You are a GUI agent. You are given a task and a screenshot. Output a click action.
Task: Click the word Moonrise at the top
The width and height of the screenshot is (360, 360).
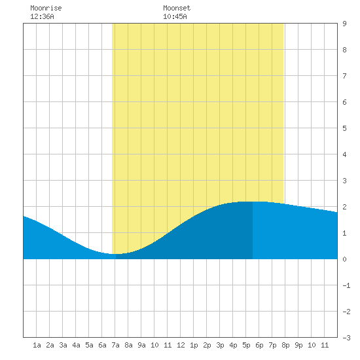pyautogui.click(x=46, y=8)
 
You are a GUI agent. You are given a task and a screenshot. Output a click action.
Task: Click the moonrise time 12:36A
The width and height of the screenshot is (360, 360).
pyautogui.click(x=42, y=16)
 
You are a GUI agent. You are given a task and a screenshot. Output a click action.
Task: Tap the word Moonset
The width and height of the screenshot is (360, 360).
pyautogui.click(x=177, y=8)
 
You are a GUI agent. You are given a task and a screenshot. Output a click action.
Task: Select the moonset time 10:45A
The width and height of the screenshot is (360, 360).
pyautogui.click(x=175, y=16)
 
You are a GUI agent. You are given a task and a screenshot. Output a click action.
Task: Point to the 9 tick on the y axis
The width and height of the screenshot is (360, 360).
pyautogui.click(x=344, y=24)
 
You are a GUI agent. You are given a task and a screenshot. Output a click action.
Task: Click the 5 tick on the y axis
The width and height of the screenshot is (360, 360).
pyautogui.click(x=344, y=128)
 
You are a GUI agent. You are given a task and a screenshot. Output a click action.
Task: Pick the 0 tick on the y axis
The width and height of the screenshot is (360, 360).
pyautogui.click(x=344, y=259)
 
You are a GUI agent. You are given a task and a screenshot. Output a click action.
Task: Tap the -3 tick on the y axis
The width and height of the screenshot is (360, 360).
pyautogui.click(x=346, y=338)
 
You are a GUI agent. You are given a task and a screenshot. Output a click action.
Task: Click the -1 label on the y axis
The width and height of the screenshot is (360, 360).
pyautogui.click(x=346, y=285)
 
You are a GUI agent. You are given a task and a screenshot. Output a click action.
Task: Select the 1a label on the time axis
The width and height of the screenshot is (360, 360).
pyautogui.click(x=37, y=345)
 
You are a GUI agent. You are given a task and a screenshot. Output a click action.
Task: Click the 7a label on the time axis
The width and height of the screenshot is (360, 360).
pyautogui.click(x=115, y=345)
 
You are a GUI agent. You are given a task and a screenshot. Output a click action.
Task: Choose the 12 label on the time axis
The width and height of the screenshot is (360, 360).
pyautogui.click(x=181, y=345)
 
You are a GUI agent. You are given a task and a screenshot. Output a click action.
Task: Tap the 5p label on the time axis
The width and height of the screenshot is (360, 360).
pyautogui.click(x=246, y=345)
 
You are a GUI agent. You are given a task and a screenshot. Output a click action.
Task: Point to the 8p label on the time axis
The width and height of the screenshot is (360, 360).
pyautogui.click(x=285, y=345)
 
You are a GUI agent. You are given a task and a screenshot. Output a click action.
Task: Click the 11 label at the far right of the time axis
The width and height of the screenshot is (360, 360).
pyautogui.click(x=325, y=345)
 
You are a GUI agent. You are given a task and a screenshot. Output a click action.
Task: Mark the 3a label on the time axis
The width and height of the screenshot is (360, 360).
pyautogui.click(x=63, y=345)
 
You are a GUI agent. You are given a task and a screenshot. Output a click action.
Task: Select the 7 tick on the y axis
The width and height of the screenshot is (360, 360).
pyautogui.click(x=344, y=76)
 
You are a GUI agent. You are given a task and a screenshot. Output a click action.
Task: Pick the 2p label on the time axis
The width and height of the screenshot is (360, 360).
pyautogui.click(x=207, y=345)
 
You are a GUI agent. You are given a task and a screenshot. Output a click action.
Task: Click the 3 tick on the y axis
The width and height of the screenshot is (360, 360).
pyautogui.click(x=344, y=181)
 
